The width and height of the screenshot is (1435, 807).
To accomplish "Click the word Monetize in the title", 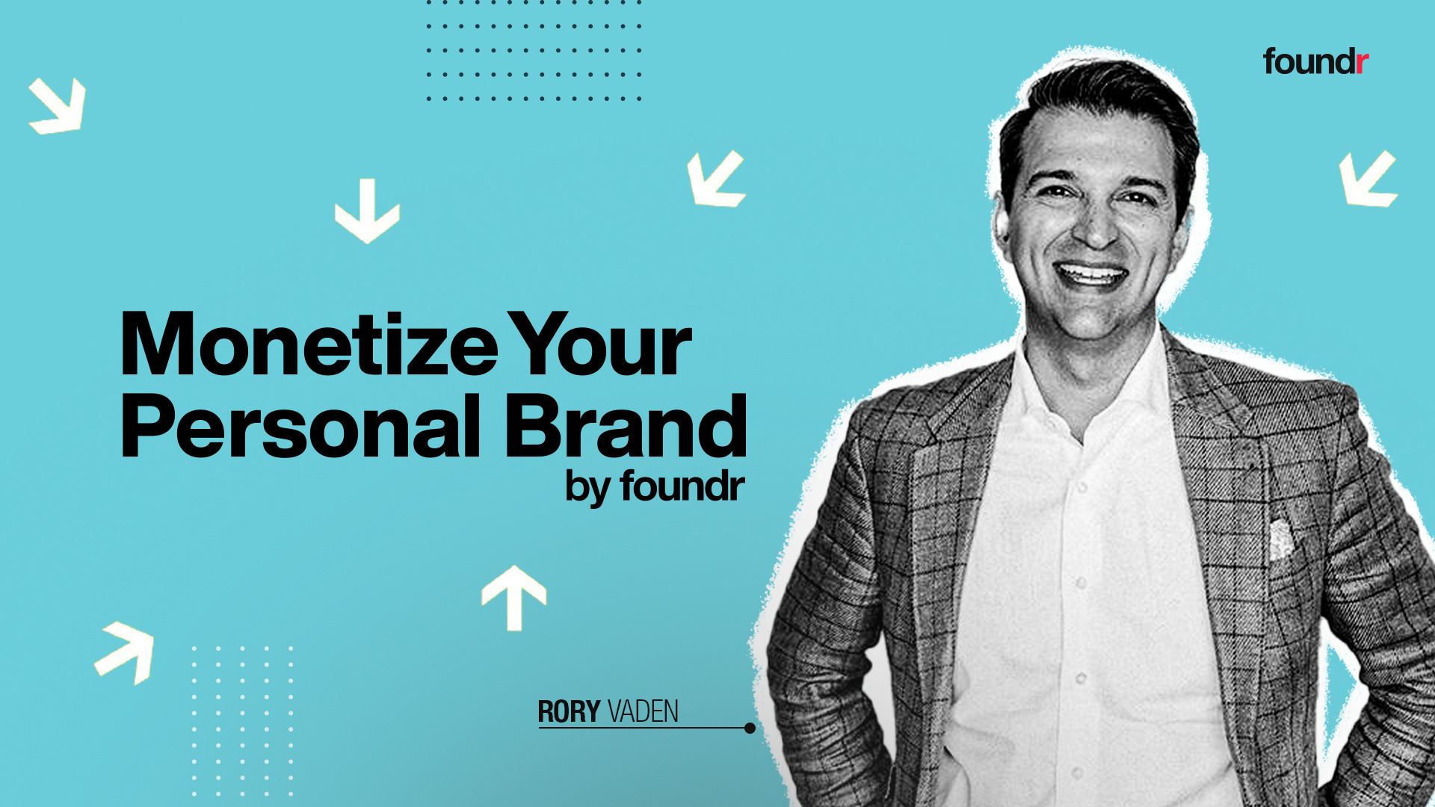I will (x=308, y=344).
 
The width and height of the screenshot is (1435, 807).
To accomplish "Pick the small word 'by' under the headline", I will (x=588, y=488).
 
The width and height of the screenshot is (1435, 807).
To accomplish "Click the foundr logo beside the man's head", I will (x=1315, y=61).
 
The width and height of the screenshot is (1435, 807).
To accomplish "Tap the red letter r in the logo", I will (x=1362, y=63).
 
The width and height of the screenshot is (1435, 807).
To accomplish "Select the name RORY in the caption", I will (x=569, y=711).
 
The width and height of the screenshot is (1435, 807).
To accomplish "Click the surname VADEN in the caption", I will (x=643, y=711).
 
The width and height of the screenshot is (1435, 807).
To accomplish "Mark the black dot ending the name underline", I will (x=750, y=728).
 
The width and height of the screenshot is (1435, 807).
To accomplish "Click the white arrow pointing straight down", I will (x=367, y=211).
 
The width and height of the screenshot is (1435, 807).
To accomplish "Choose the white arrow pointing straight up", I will (x=514, y=596).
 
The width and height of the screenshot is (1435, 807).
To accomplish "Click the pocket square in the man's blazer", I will (x=1280, y=539).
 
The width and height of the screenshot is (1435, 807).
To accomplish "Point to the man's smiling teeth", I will (x=1090, y=273).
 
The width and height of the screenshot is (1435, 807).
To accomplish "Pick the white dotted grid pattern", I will (x=242, y=720).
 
